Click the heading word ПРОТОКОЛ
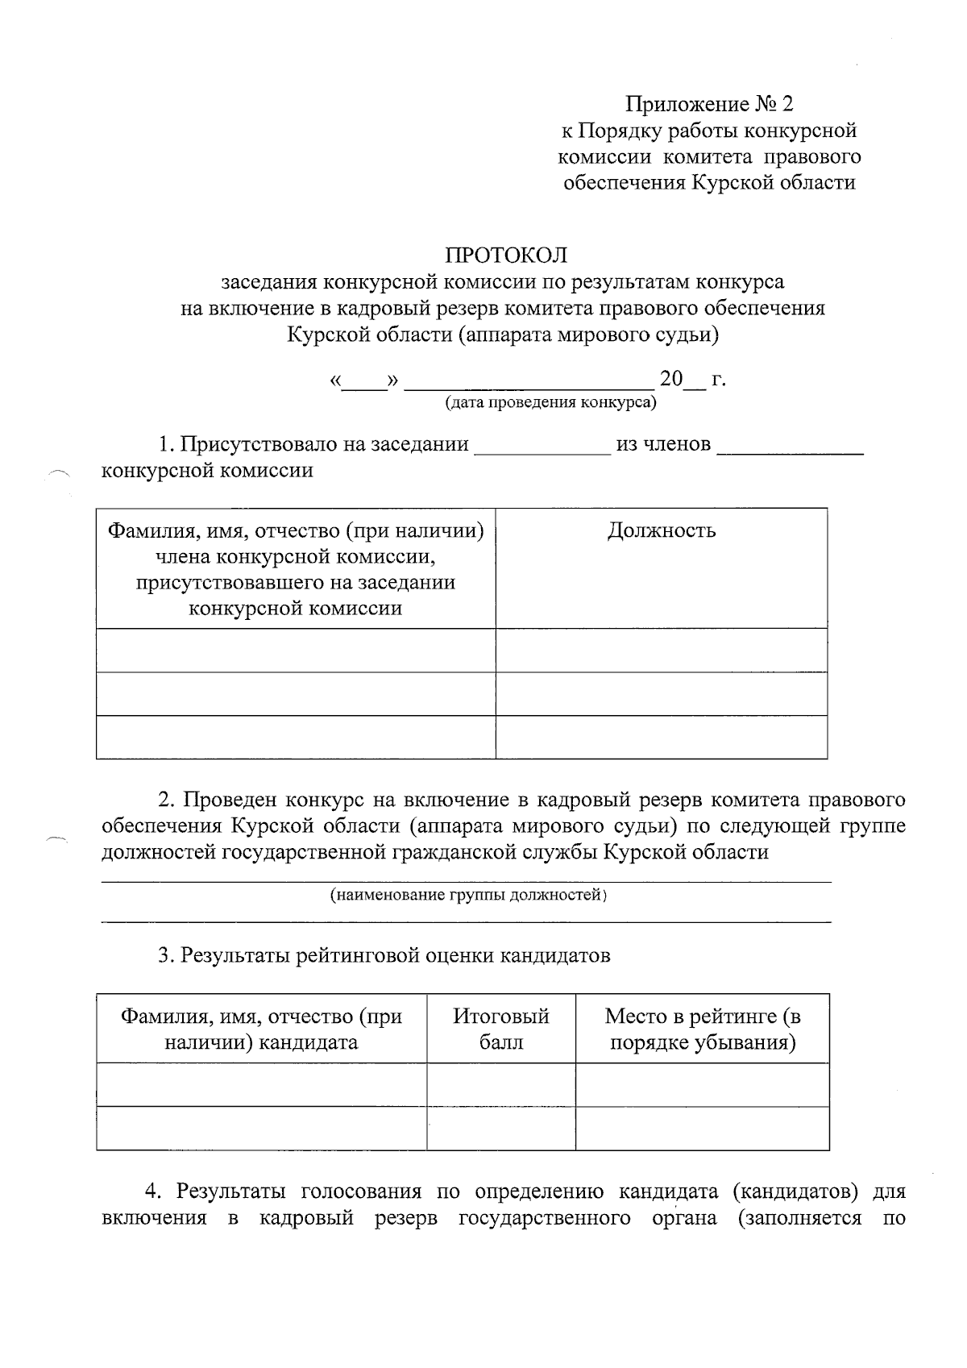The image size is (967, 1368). point(506,256)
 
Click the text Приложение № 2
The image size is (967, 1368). point(709,104)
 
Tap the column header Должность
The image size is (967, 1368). point(661,530)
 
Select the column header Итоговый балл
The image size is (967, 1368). point(500,1029)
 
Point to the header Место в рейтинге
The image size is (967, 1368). point(702,1029)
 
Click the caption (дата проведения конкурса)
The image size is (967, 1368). point(551,401)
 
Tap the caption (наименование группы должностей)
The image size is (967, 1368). point(467,895)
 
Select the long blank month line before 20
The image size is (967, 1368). point(529,380)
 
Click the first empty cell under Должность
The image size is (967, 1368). point(661,650)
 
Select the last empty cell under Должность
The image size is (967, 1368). point(661,737)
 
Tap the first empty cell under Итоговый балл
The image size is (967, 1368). point(500,1083)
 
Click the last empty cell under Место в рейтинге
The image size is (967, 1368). point(702,1127)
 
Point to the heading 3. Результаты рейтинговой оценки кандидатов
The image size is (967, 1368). point(384,955)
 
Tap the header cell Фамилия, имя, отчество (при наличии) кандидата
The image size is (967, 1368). point(261,1029)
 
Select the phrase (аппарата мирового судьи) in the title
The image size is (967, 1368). point(587,334)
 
